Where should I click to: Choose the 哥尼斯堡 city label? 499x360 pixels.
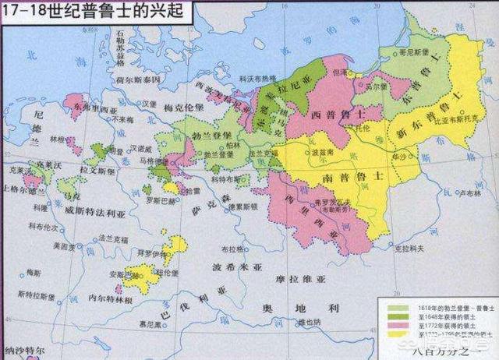415,58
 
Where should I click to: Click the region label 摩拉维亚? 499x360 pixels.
290,277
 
